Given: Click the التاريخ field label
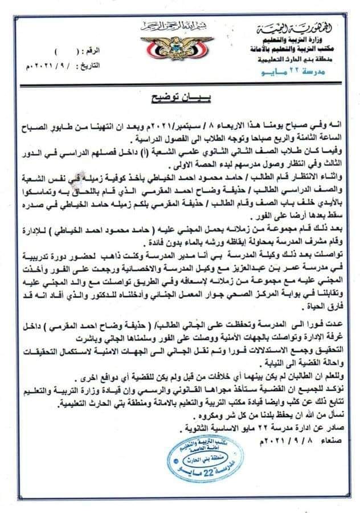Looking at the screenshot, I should (92, 50).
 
